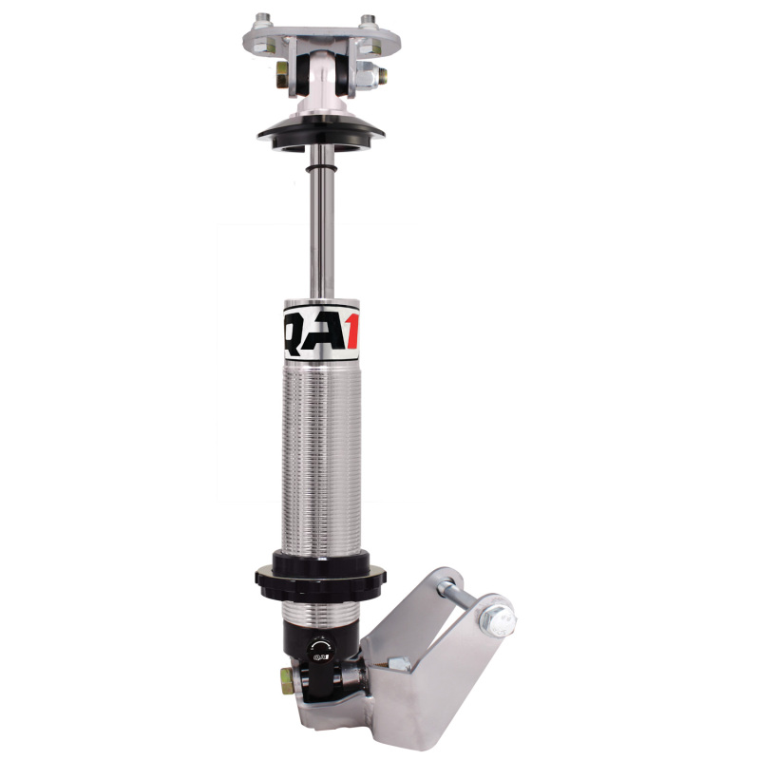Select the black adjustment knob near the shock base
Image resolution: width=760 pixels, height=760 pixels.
point(318,648)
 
